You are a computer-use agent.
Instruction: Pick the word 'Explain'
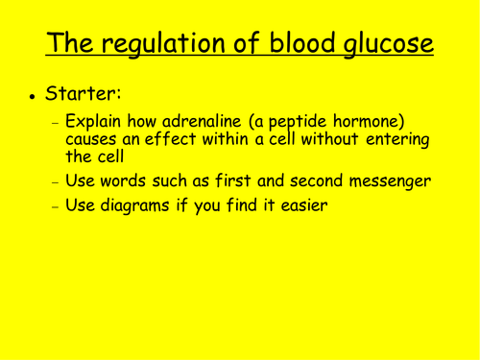pyautogui.click(x=98, y=124)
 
